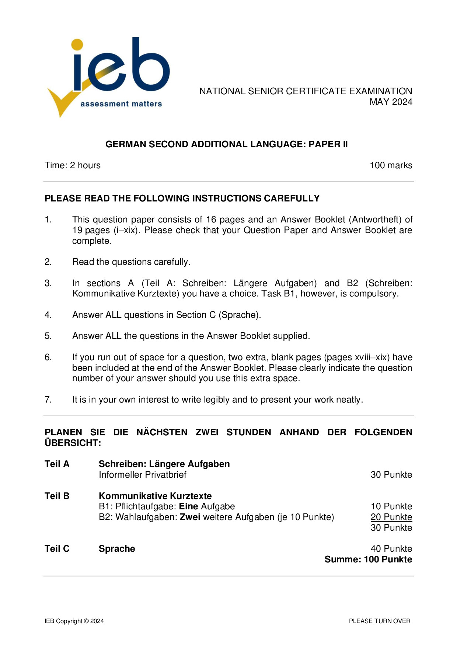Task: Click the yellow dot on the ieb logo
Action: pyautogui.click(x=77, y=44)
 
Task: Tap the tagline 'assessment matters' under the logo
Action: pyautogui.click(x=121, y=104)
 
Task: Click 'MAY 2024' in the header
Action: pyautogui.click(x=391, y=102)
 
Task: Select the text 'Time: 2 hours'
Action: pyautogui.click(x=73, y=165)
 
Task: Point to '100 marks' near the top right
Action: pyautogui.click(x=391, y=165)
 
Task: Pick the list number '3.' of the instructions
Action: pyautogui.click(x=48, y=283)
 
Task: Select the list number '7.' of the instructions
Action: pyautogui.click(x=48, y=400)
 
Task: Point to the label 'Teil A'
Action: pyautogui.click(x=57, y=464)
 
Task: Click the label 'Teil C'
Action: pyautogui.click(x=57, y=549)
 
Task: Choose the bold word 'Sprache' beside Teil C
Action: pyautogui.click(x=117, y=549)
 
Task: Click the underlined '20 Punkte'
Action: pyautogui.click(x=391, y=517)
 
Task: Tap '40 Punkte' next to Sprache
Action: pyautogui.click(x=391, y=549)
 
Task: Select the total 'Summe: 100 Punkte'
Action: pyautogui.click(x=368, y=559)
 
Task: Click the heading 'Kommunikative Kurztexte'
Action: pyautogui.click(x=155, y=496)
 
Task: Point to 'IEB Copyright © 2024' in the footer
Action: pyautogui.click(x=74, y=621)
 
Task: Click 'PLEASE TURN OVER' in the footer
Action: pyautogui.click(x=380, y=621)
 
